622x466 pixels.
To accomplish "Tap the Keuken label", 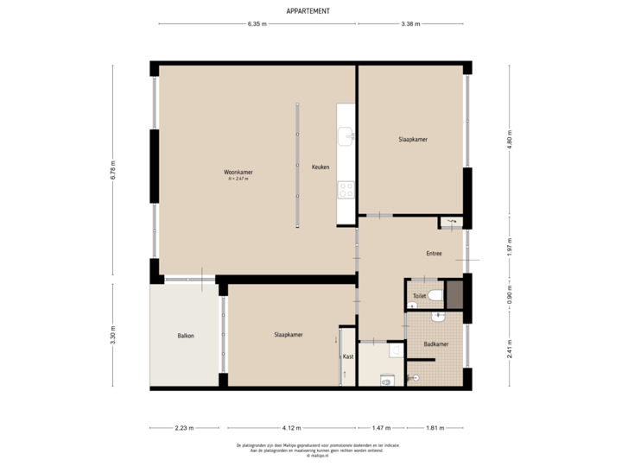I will click(321, 167).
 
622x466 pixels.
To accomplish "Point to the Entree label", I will click(434, 254).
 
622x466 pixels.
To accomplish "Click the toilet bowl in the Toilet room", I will click(435, 296).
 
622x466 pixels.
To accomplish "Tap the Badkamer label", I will click(435, 343).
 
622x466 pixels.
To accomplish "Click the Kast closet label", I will click(348, 356).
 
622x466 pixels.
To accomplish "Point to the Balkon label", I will click(185, 335).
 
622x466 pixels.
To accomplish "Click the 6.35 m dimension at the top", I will click(257, 24).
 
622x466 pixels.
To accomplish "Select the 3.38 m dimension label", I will click(411, 24).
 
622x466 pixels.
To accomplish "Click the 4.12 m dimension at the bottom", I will click(289, 427).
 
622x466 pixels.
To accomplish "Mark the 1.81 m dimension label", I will click(435, 427).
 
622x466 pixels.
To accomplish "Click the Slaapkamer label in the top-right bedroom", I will click(413, 139).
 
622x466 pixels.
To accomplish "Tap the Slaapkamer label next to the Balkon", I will click(288, 335).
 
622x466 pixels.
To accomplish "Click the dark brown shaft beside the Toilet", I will click(454, 294).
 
